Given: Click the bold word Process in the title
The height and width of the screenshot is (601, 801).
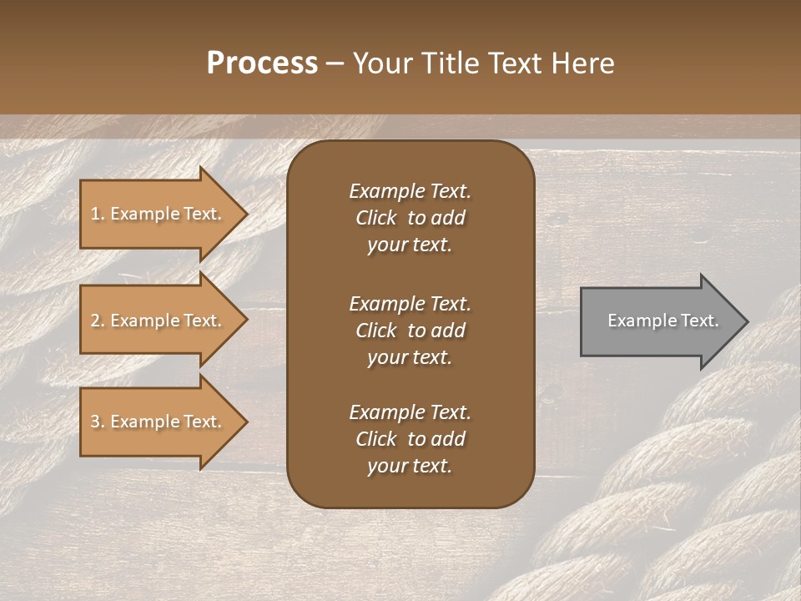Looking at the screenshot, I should tap(262, 63).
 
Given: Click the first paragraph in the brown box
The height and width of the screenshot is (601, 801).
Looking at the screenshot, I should tap(410, 218).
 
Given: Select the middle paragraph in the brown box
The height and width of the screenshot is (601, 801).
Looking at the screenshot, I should tap(410, 331).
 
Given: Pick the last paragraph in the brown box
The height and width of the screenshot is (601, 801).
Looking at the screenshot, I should tap(410, 439).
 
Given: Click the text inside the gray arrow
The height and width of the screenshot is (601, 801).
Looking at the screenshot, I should tap(662, 321).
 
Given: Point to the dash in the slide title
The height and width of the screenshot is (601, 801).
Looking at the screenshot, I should tap(335, 64).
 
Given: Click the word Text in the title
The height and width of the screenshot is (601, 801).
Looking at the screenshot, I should tap(515, 63).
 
